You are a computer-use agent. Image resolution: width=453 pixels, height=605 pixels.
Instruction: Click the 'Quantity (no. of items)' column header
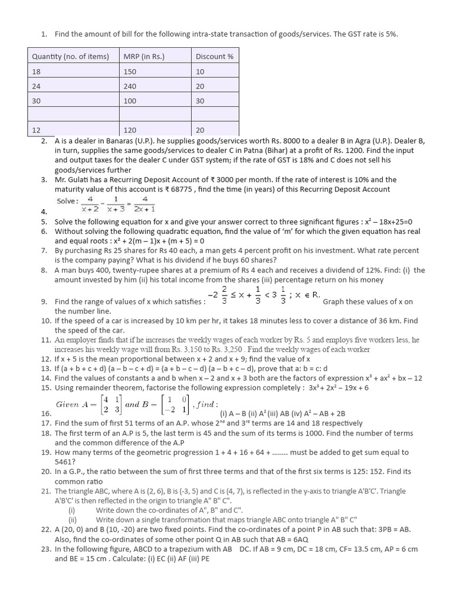point(70,57)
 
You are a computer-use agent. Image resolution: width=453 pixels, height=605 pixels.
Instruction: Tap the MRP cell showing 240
point(130,86)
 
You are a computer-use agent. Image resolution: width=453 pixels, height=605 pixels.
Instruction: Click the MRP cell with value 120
point(130,130)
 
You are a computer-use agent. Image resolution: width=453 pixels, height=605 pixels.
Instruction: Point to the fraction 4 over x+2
point(90,204)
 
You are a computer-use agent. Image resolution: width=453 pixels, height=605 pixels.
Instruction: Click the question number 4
point(44,212)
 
